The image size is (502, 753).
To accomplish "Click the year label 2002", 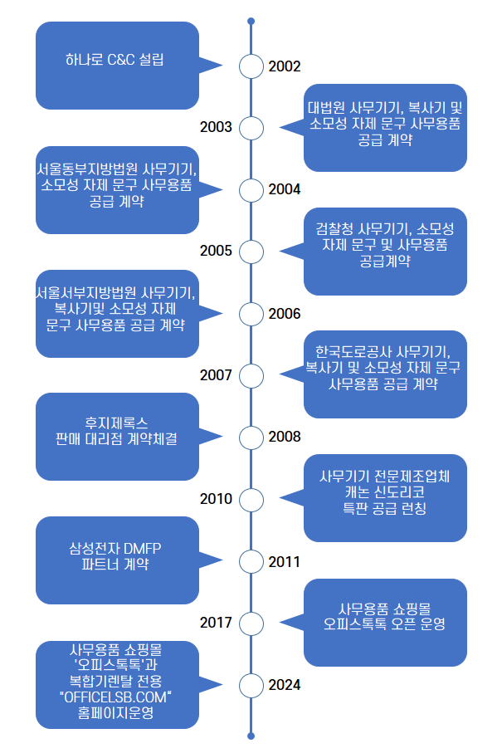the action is (x=285, y=66).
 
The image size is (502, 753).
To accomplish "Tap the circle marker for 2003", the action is (x=251, y=128).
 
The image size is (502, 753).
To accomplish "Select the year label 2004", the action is (x=285, y=189).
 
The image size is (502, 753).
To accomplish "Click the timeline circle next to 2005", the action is (x=251, y=251).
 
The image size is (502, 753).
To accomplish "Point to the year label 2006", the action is (x=285, y=313).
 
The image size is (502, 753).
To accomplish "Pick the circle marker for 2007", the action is (x=251, y=375).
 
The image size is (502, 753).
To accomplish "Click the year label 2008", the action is (x=285, y=437).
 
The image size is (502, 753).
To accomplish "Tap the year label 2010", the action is (x=217, y=499).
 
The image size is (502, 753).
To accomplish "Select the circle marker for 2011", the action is (x=251, y=561).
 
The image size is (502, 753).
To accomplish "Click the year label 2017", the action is (x=217, y=622).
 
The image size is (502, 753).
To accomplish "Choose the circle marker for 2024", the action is (x=251, y=685).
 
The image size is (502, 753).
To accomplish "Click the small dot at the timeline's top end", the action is (x=251, y=21).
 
